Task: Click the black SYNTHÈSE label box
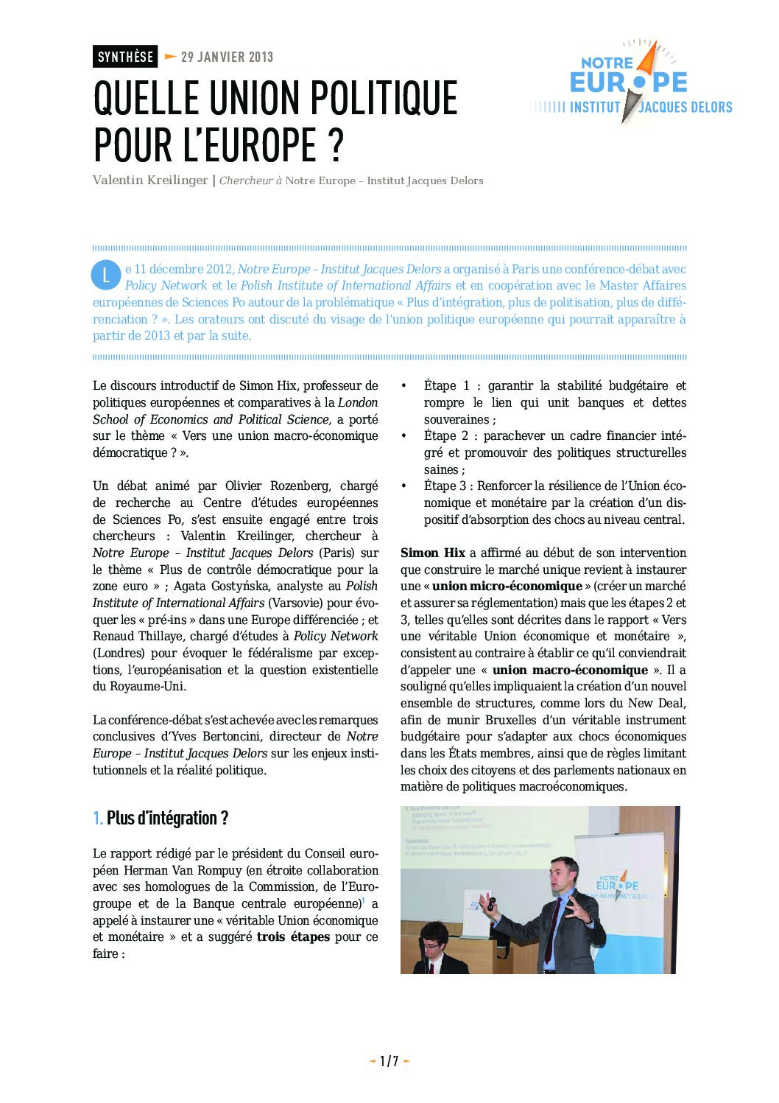point(125,57)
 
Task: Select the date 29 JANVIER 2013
point(227,57)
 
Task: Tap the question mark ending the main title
point(336,145)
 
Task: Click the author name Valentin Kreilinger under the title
point(150,181)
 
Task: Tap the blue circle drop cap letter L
point(105,275)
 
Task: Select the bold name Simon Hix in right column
point(433,553)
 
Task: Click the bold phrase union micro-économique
point(507,586)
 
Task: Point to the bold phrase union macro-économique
point(570,670)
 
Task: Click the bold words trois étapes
point(293,937)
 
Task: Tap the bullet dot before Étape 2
point(403,436)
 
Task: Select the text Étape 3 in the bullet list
point(446,486)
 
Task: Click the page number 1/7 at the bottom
point(389,1061)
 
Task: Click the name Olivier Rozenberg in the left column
point(272,486)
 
